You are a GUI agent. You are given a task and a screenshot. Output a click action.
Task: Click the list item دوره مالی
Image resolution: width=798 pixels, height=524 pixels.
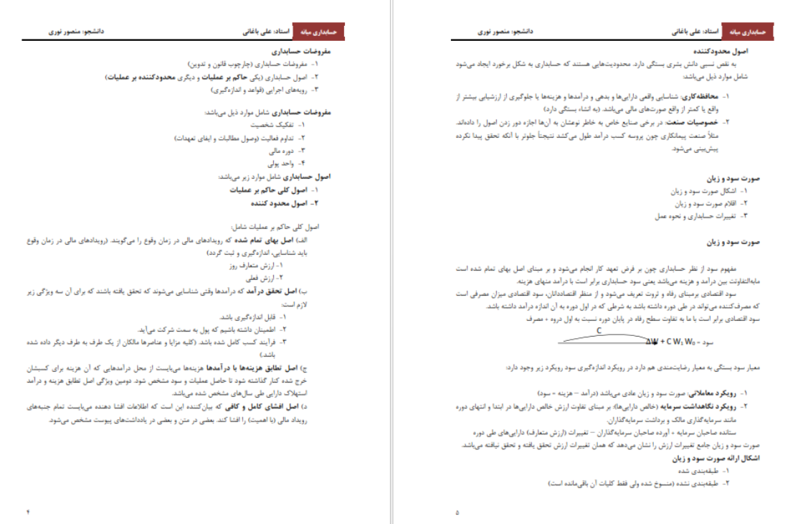tap(272, 150)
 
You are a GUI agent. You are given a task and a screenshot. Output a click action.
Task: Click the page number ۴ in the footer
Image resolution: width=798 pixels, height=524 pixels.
tap(29, 512)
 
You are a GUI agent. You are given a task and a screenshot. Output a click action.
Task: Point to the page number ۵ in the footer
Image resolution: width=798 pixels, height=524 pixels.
tap(457, 512)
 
